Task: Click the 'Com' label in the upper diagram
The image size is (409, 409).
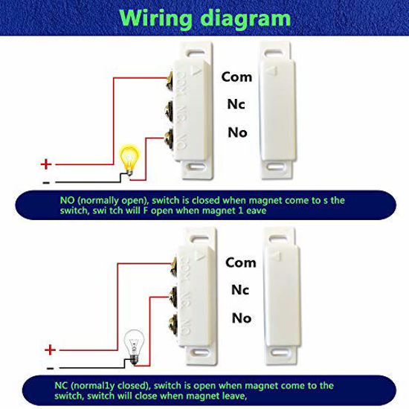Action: (x=238, y=76)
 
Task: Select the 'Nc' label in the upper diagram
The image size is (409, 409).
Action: (x=235, y=105)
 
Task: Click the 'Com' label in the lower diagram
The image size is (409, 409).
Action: (x=240, y=263)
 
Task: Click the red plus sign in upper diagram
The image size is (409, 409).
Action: (x=45, y=164)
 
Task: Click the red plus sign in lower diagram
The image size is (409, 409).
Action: (x=50, y=350)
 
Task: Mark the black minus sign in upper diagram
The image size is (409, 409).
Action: (x=46, y=181)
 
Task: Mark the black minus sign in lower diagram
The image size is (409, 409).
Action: (x=49, y=367)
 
